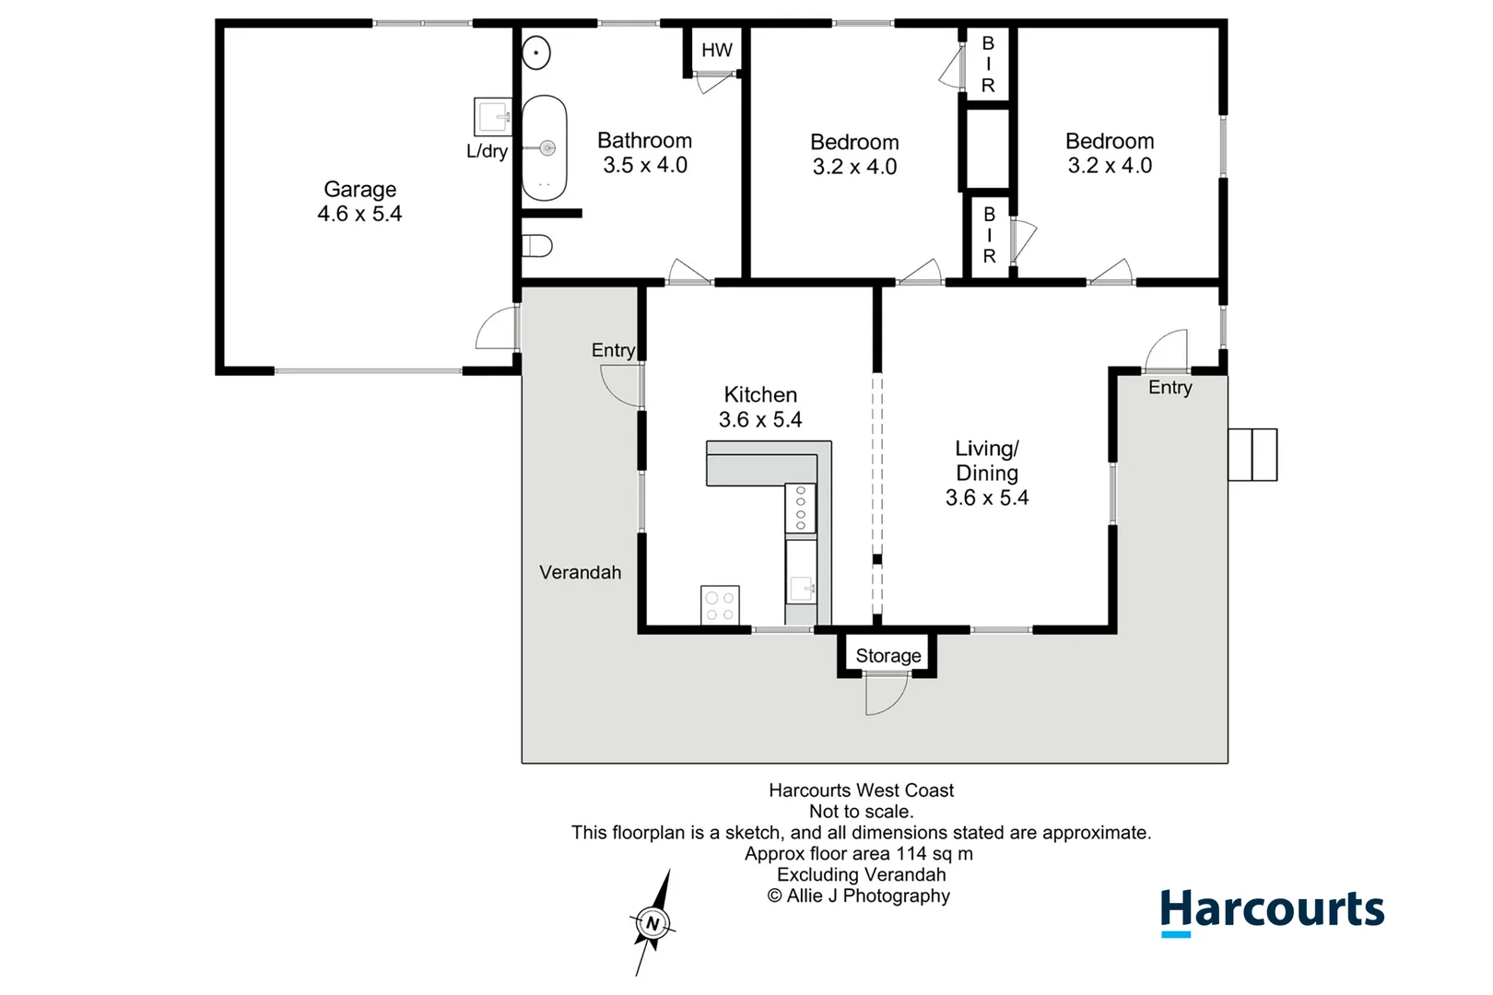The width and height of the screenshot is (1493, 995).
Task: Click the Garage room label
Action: click(359, 190)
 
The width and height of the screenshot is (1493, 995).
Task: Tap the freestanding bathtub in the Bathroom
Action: click(545, 148)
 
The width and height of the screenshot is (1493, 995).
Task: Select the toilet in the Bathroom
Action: click(537, 246)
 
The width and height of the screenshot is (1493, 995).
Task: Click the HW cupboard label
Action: click(716, 51)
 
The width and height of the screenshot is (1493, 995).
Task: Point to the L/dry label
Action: click(487, 151)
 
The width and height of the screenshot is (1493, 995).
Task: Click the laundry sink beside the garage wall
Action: click(492, 117)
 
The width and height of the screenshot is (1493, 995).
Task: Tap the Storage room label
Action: click(888, 656)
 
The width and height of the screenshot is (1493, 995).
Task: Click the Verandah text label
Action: click(580, 572)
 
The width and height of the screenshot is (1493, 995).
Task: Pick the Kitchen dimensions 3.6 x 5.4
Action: click(760, 420)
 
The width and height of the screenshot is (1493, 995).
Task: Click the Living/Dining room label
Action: click(987, 461)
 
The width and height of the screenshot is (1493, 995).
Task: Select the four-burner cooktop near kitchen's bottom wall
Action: click(720, 605)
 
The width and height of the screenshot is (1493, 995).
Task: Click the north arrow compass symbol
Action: click(652, 922)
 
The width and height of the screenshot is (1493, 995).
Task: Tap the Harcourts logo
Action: click(1272, 910)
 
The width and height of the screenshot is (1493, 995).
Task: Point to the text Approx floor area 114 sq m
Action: click(859, 854)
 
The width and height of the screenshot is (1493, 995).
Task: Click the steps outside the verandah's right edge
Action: click(1252, 454)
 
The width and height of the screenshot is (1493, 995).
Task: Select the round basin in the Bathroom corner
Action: click(536, 53)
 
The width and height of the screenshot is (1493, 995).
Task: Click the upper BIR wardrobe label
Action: click(988, 64)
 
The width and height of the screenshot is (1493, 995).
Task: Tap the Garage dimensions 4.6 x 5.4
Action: click(359, 214)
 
